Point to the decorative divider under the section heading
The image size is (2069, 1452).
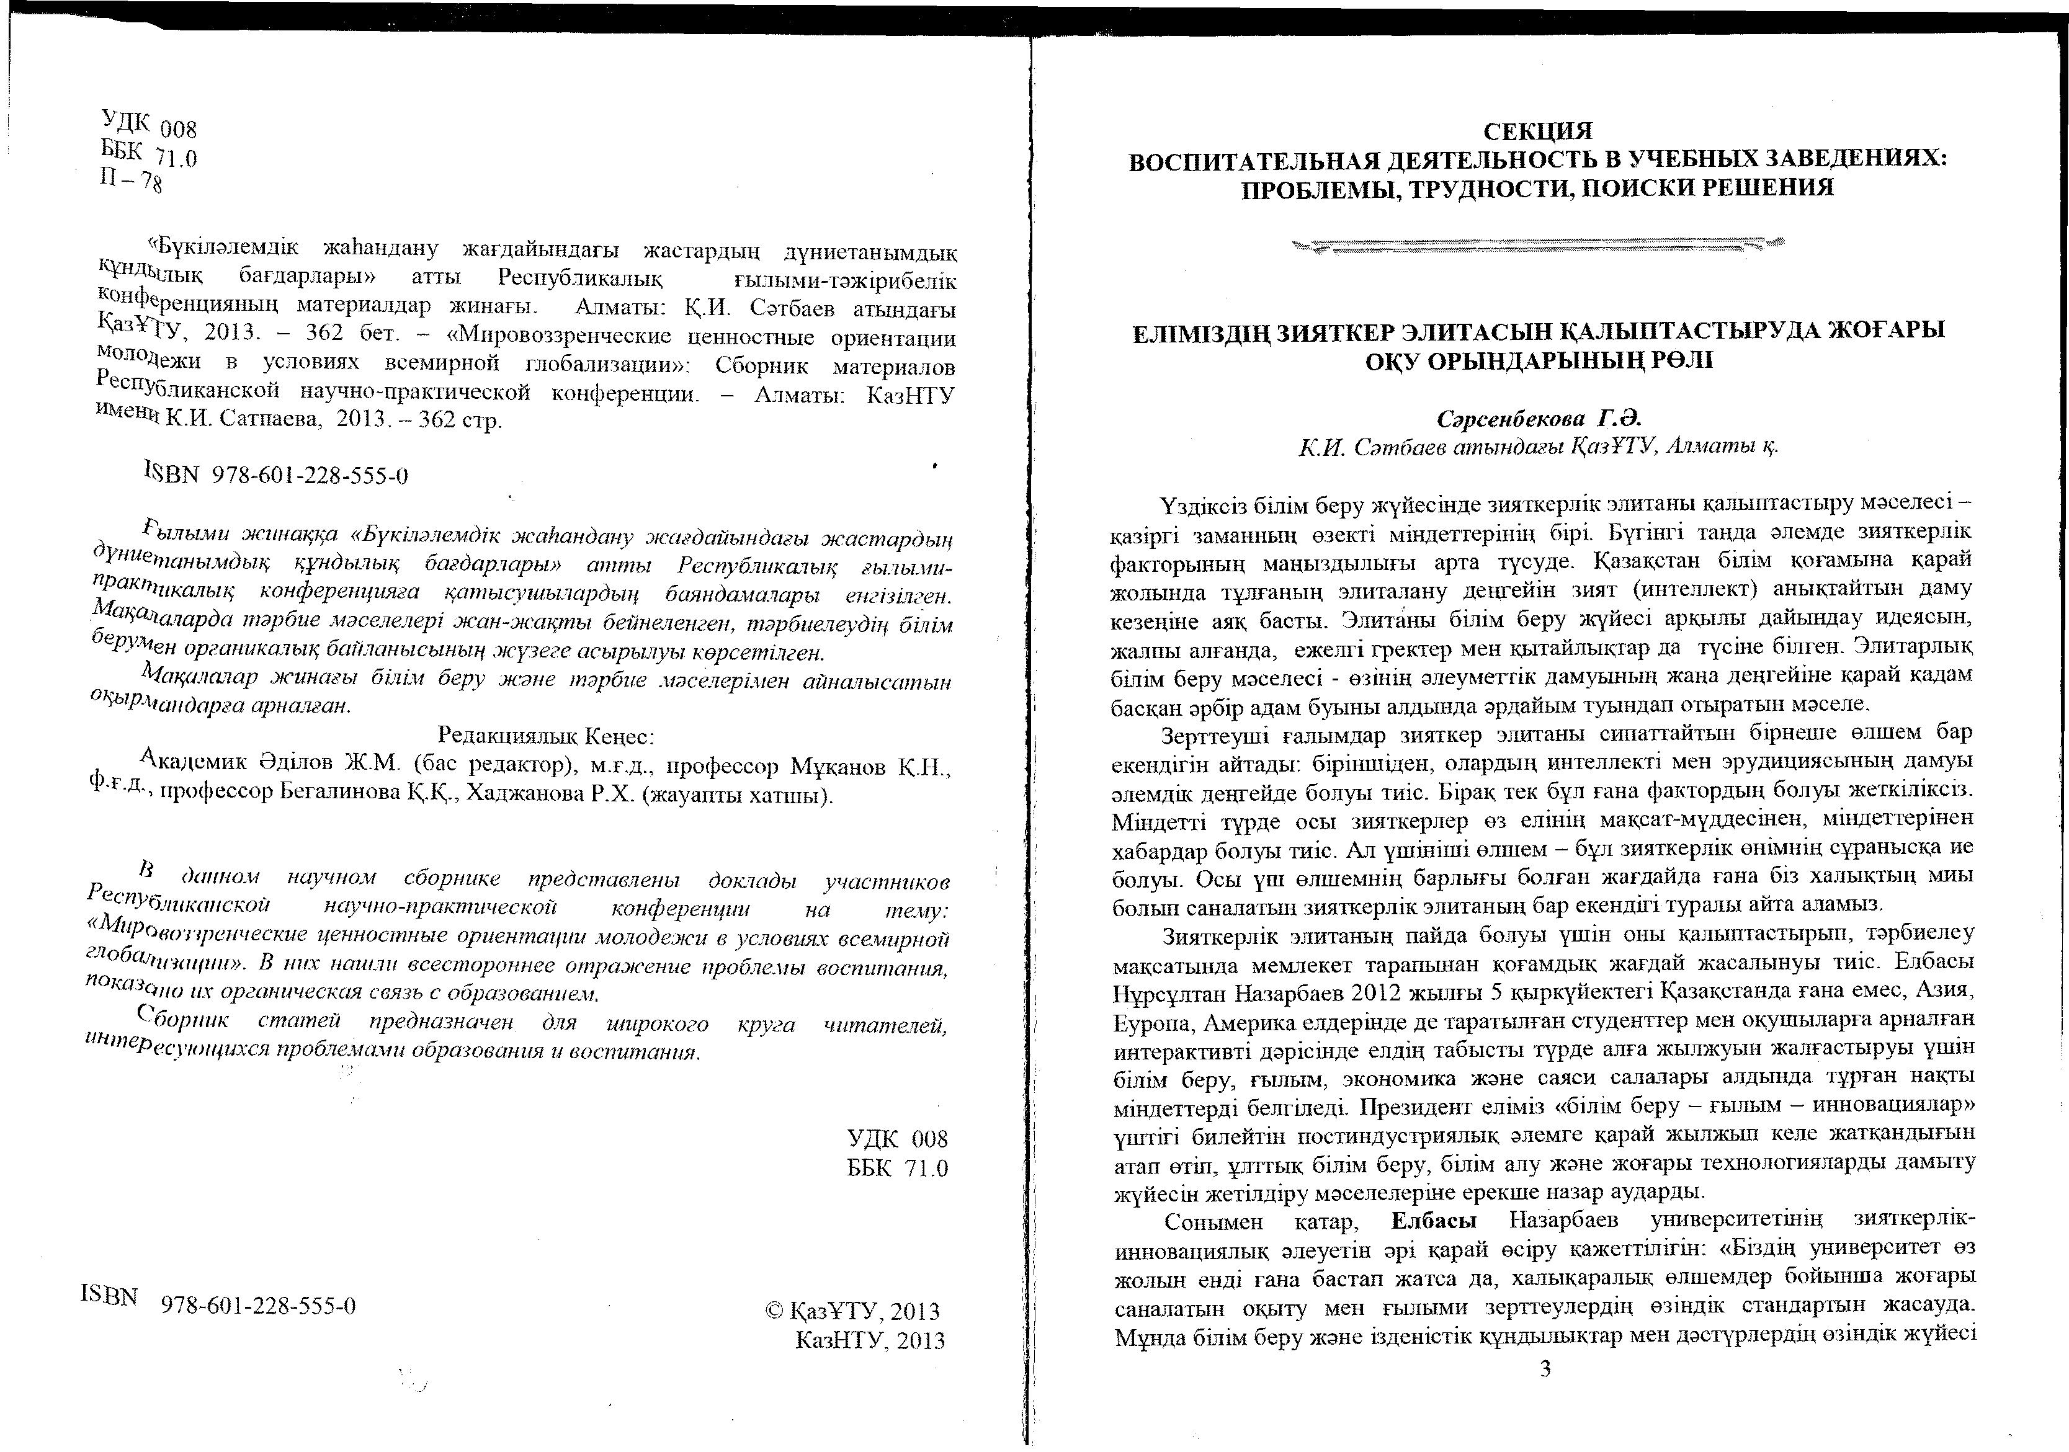point(1537,243)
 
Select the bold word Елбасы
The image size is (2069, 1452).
point(1434,1221)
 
